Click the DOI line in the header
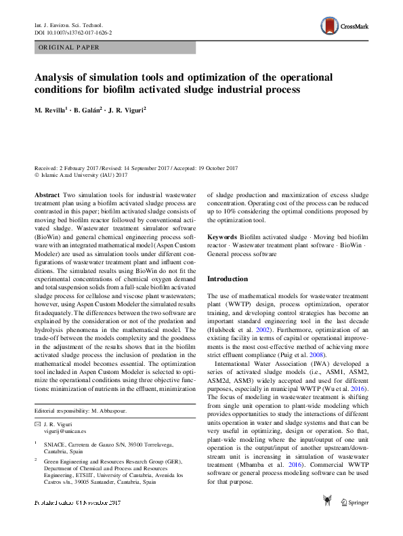click(x=73, y=33)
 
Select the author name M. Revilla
click(x=55, y=110)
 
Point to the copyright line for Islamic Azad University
click(x=81, y=176)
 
